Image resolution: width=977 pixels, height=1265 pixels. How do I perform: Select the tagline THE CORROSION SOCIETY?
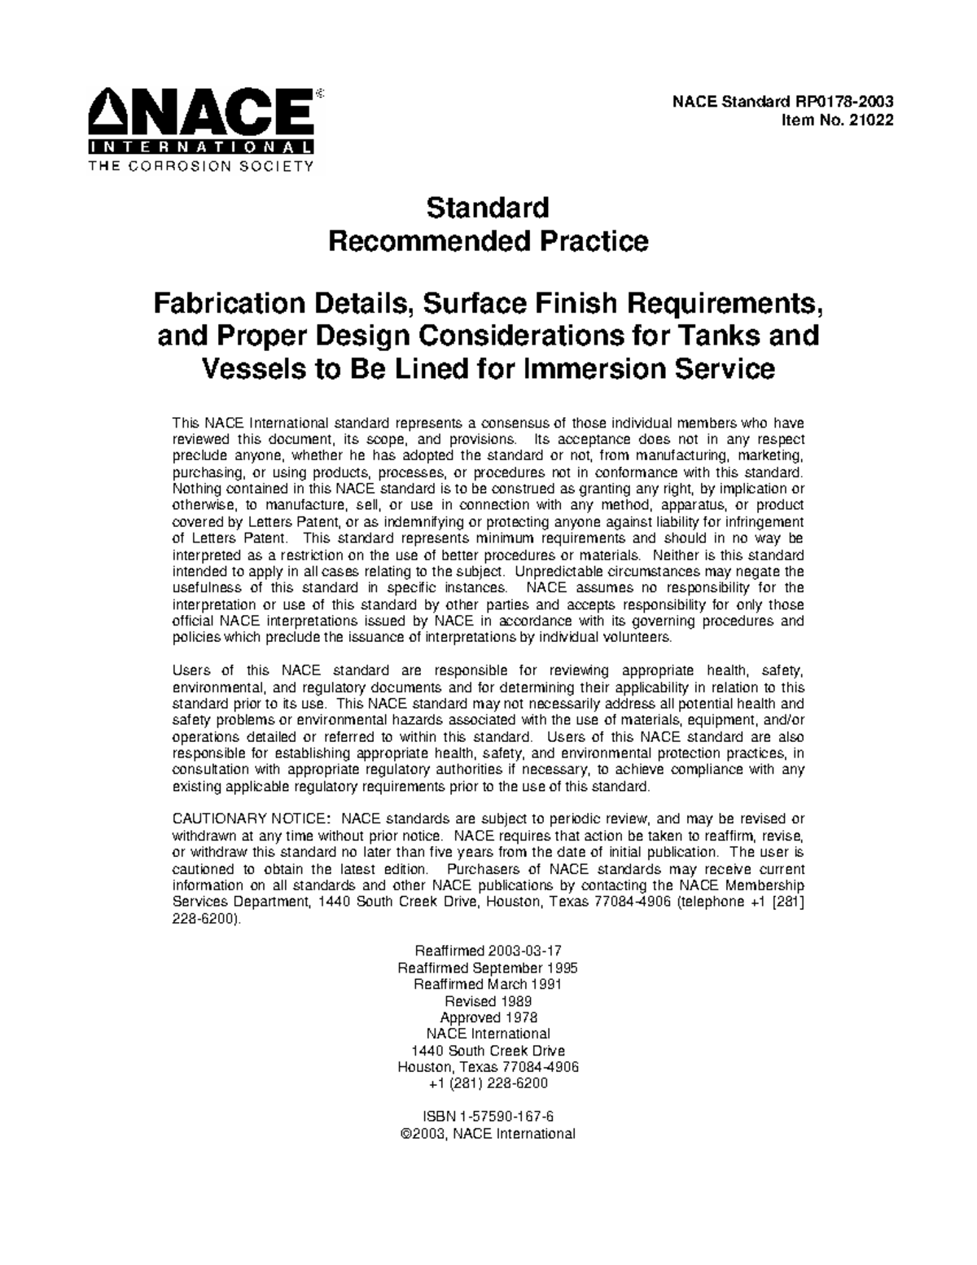tap(200, 166)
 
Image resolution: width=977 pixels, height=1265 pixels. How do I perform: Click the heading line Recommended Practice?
tap(488, 242)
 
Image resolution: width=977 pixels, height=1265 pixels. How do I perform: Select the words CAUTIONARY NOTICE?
tap(252, 819)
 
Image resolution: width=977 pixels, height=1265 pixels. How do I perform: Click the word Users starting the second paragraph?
tap(191, 670)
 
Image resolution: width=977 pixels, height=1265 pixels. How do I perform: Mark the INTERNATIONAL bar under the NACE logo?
tap(200, 148)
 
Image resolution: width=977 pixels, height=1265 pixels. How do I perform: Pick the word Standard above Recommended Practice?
tap(488, 208)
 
